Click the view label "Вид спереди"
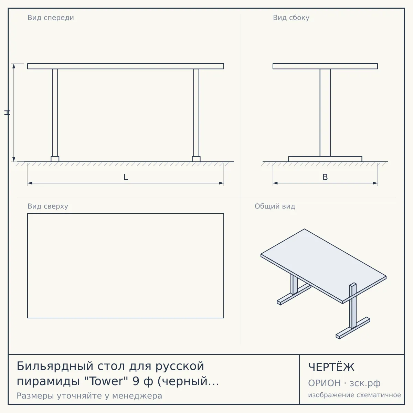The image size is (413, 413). [x=51, y=18]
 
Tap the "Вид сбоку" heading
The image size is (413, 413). [x=291, y=18]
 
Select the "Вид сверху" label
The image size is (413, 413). [x=48, y=206]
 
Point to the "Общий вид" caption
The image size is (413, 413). [x=275, y=206]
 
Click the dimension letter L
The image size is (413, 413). [x=126, y=177]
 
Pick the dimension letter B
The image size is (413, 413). [x=325, y=177]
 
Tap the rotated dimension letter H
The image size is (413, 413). [x=7, y=113]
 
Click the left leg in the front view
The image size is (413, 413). [x=55, y=113]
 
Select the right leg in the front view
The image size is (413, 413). [x=196, y=113]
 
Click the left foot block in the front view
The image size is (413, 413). [x=55, y=159]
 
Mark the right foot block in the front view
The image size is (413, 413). [x=196, y=159]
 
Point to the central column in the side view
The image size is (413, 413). [x=325, y=113]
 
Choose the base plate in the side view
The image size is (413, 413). [x=325, y=159]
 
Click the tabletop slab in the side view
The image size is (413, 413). [x=325, y=66]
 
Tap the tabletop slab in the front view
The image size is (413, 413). [x=126, y=66]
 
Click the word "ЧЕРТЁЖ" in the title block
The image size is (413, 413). [x=331, y=367]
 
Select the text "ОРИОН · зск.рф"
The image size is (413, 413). [x=344, y=383]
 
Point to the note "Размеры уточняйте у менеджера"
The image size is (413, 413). [x=89, y=396]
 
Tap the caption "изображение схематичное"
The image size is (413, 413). [x=354, y=395]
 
